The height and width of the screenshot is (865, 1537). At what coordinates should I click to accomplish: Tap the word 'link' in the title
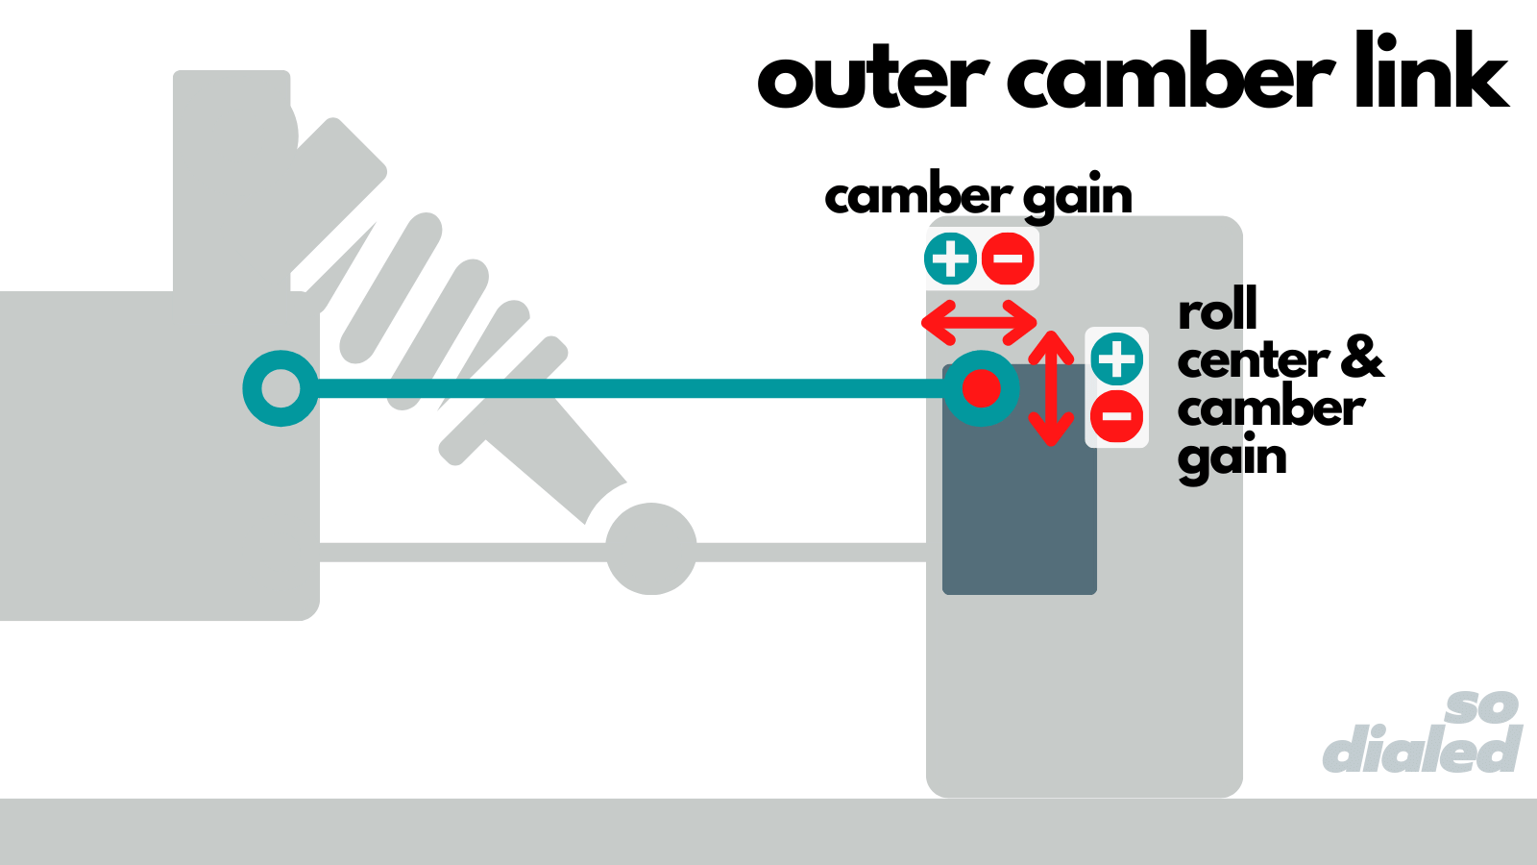(1431, 71)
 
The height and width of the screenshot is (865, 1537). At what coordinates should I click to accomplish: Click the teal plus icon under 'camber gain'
(951, 259)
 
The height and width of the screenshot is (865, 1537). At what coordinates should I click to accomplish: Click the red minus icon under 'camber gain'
(1008, 259)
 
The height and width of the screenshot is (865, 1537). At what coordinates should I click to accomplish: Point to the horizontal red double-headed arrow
(979, 322)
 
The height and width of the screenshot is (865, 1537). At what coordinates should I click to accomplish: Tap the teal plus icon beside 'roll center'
(1117, 359)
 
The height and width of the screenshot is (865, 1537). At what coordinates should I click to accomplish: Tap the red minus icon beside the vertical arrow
(1117, 416)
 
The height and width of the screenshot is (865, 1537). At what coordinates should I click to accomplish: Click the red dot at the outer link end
(981, 388)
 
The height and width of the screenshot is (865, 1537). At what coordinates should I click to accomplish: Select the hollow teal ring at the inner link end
(281, 388)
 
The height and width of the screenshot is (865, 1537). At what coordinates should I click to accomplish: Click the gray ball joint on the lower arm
(651, 549)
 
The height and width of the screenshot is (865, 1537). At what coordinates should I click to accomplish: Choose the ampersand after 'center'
(1363, 358)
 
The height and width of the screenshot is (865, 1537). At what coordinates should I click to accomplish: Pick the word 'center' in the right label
(1253, 361)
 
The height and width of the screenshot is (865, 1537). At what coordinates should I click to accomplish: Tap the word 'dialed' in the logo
(1422, 750)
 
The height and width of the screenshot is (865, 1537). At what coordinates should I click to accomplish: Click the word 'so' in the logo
(1482, 707)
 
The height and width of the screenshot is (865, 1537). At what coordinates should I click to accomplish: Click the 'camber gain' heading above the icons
(978, 197)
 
